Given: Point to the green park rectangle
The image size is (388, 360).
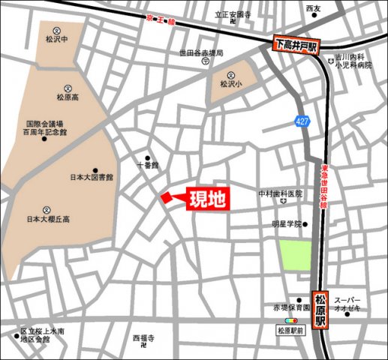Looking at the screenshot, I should click(295, 255).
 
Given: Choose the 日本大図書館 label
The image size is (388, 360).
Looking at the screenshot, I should click(91, 178).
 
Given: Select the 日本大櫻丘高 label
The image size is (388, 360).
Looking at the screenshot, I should click(47, 219).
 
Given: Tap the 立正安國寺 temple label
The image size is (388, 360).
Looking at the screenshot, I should click(233, 14).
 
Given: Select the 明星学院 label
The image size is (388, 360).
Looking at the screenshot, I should click(286, 223).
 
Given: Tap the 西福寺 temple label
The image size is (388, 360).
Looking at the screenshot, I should click(143, 338).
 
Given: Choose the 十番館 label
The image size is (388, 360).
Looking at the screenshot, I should click(148, 164).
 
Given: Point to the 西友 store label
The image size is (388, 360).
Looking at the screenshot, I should click(313, 9).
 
